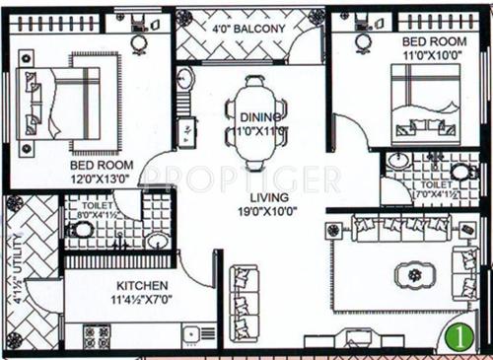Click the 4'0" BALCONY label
tap(250, 29)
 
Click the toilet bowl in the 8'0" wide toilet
tap(84, 230)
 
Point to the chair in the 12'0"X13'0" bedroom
tap(140, 36)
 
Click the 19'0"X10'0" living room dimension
tap(267, 210)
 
